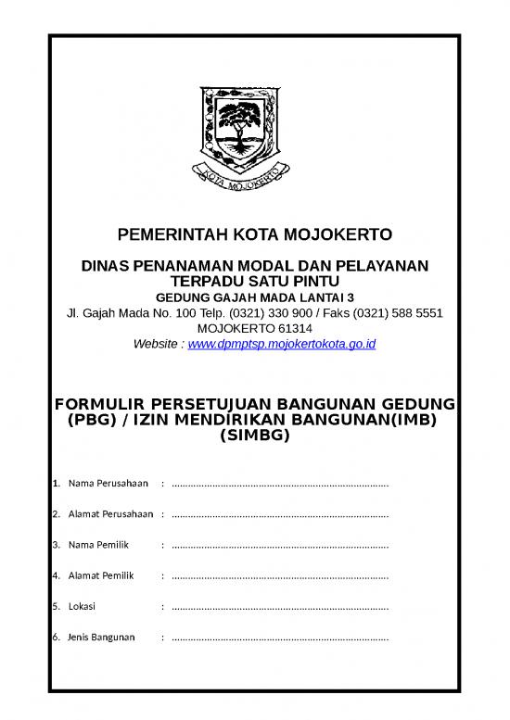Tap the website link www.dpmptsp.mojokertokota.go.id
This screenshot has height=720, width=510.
tap(281, 344)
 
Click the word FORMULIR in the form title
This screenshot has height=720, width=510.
tap(100, 405)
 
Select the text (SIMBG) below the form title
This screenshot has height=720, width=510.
tap(253, 436)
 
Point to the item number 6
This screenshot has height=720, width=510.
tap(56, 638)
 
